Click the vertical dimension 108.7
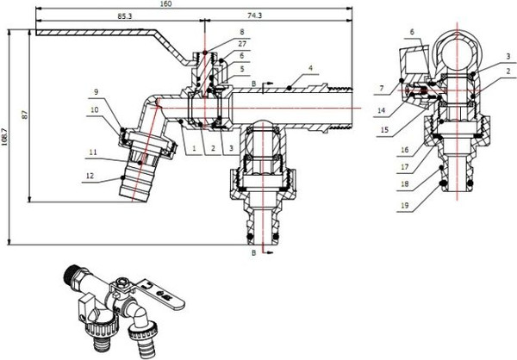pyautogui.click(x=7, y=135)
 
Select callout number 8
pyautogui.click(x=217, y=32)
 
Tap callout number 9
pyautogui.click(x=97, y=92)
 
